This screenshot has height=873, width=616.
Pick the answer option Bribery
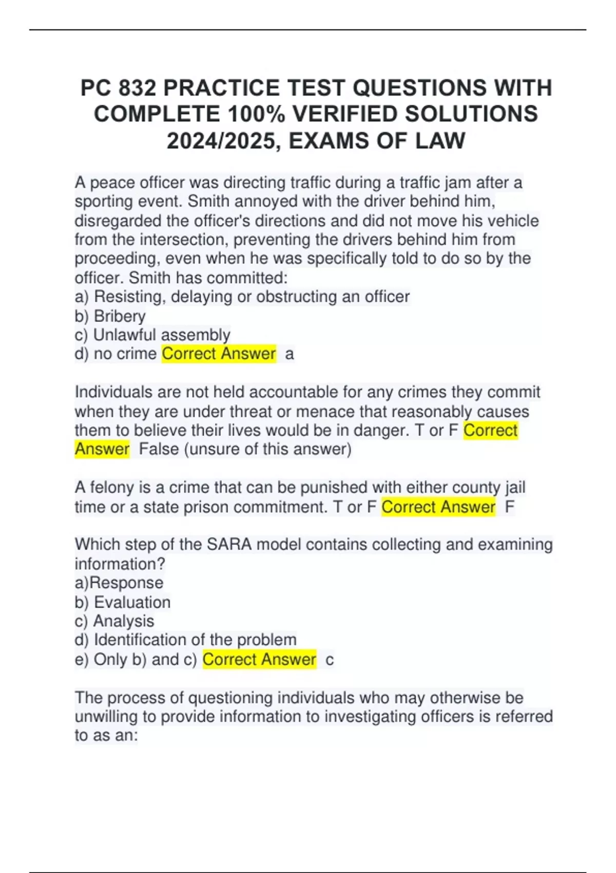pos(120,316)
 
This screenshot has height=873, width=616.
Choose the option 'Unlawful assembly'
pos(162,335)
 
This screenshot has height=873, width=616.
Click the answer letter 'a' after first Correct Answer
pos(290,354)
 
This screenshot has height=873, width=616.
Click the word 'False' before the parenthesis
pos(159,449)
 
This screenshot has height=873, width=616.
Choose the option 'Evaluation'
pos(132,602)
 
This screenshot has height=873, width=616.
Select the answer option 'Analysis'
pos(123,621)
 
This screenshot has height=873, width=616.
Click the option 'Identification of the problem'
pos(195,640)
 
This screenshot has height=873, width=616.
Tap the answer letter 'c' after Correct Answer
pos(330,660)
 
